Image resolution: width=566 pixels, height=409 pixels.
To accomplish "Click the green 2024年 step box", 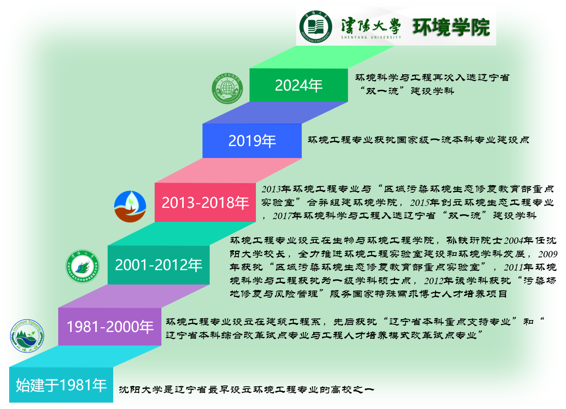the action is tap(299, 85).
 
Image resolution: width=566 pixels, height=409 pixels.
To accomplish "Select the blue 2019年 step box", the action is tap(252, 140).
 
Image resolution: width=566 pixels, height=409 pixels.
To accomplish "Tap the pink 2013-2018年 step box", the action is tap(205, 202).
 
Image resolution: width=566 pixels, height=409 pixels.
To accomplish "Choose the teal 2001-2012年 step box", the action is tap(158, 265).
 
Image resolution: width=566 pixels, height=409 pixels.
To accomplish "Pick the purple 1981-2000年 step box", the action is tap(110, 326).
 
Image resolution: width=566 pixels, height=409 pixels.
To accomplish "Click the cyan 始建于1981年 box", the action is tap(61, 385).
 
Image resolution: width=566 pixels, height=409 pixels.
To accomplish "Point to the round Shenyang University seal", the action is tap(316, 27).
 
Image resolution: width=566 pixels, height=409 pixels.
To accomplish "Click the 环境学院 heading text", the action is tap(451, 27).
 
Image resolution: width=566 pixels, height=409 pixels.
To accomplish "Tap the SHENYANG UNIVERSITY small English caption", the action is tap(371, 38).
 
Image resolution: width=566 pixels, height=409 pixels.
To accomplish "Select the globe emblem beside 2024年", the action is tap(228, 88).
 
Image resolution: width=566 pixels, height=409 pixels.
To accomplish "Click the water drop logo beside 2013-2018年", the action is tap(130, 206).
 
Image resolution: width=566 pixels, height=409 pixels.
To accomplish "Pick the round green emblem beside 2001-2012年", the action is tap(83, 266).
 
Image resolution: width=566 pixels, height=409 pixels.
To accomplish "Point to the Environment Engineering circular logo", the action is tap(27, 336).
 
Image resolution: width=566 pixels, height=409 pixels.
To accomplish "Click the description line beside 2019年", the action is tap(419, 140).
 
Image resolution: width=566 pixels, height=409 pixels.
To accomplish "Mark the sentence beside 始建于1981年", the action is tap(246, 389).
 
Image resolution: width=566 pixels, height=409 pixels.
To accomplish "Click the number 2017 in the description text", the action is tap(283, 216).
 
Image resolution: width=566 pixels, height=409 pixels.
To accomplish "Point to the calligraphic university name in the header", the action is tap(371, 26).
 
